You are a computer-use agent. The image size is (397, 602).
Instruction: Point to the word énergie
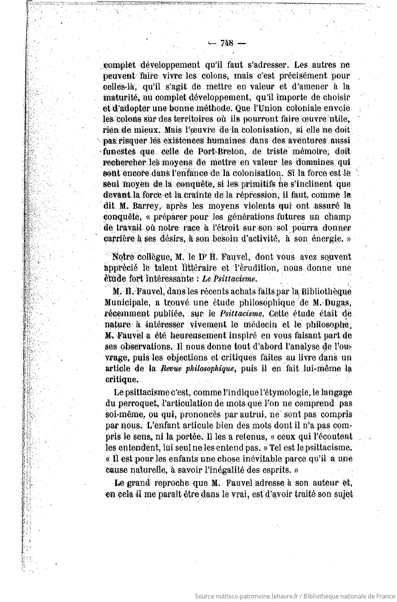(328, 239)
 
